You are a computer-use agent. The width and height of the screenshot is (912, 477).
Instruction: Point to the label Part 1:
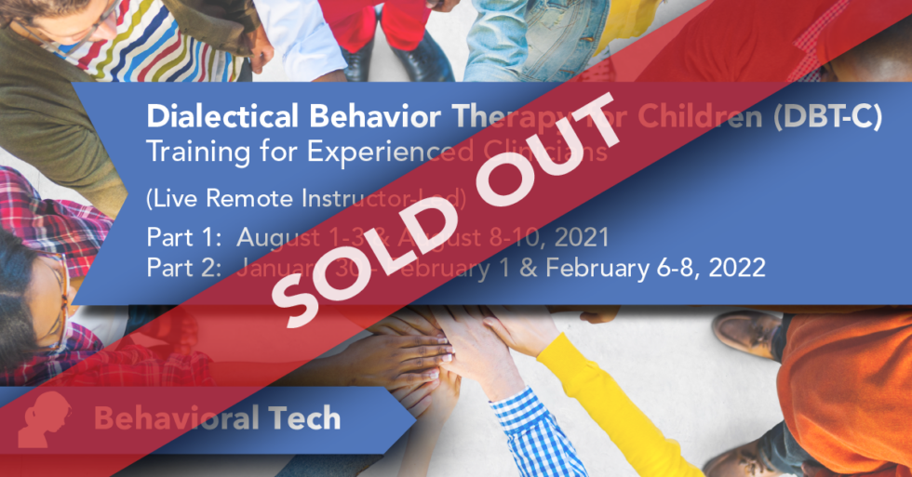tap(179, 238)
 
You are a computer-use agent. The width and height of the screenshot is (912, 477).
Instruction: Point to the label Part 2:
tap(179, 269)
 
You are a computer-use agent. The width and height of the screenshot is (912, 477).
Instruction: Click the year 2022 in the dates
tap(739, 269)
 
